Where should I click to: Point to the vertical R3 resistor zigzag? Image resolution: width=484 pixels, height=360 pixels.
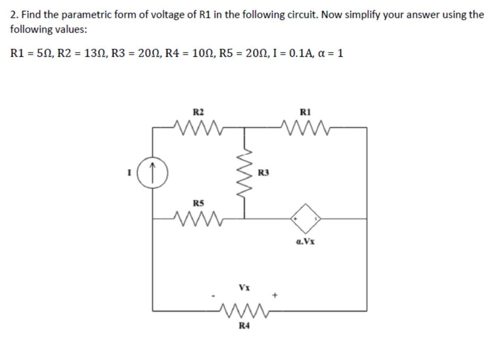click(x=244, y=173)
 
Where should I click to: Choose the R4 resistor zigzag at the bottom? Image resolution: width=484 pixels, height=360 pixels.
click(x=244, y=311)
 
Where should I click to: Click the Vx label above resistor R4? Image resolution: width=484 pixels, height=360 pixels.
click(x=244, y=287)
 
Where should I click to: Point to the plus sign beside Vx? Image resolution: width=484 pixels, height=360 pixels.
click(x=275, y=296)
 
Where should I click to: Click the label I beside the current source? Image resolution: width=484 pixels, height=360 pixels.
click(x=128, y=174)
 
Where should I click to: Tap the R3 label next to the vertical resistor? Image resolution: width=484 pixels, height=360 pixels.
click(x=264, y=174)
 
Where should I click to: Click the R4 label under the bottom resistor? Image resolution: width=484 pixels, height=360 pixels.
click(x=244, y=325)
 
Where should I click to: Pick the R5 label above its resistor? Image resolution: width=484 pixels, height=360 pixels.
click(x=199, y=203)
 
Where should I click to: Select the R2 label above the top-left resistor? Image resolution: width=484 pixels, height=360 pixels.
click(x=199, y=112)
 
